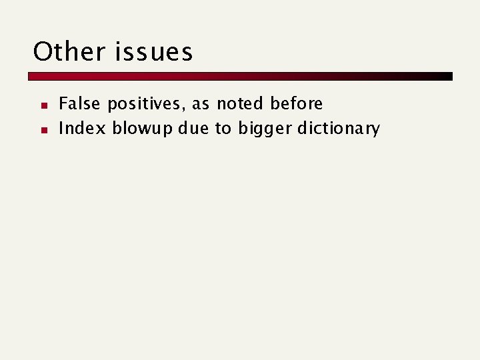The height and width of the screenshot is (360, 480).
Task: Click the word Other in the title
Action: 69,52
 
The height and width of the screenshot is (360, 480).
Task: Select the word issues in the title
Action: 154,52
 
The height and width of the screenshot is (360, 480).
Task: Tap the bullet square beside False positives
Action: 42,105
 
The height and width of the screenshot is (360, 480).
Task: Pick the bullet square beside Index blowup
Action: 42,129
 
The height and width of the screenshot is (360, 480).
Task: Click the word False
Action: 80,104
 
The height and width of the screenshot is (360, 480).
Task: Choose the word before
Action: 296,104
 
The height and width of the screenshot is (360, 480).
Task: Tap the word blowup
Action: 141,129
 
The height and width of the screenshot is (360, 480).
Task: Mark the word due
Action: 193,128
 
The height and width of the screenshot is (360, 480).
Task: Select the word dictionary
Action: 338,129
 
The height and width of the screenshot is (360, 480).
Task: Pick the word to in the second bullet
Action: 222,128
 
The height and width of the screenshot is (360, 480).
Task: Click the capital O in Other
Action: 43,52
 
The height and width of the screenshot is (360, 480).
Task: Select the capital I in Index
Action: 62,128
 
